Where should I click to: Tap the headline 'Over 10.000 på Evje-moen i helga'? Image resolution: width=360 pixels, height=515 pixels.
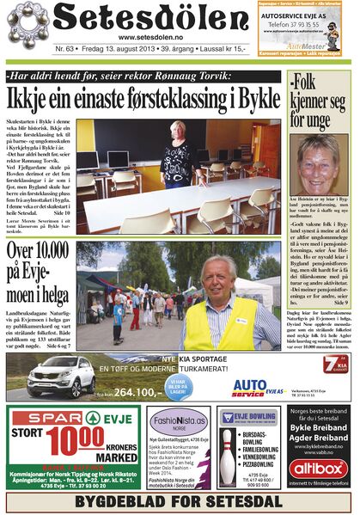pos(40,273)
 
